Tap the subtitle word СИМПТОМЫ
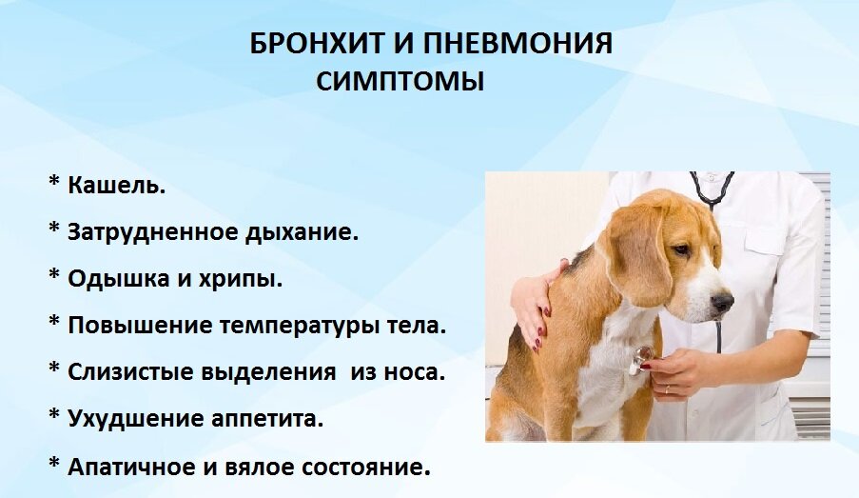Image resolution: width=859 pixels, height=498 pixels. [x=400, y=81]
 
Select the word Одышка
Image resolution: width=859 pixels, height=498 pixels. [x=118, y=279]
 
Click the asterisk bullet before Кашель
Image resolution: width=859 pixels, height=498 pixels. [x=53, y=182]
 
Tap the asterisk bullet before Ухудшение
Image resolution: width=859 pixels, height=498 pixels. [x=53, y=414]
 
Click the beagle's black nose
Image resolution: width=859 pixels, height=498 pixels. [x=722, y=302]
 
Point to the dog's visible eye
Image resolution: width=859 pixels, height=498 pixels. [x=681, y=249]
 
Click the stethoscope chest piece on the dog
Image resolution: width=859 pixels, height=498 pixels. [x=641, y=359]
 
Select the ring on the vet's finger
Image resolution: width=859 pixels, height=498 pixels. [x=667, y=390]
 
